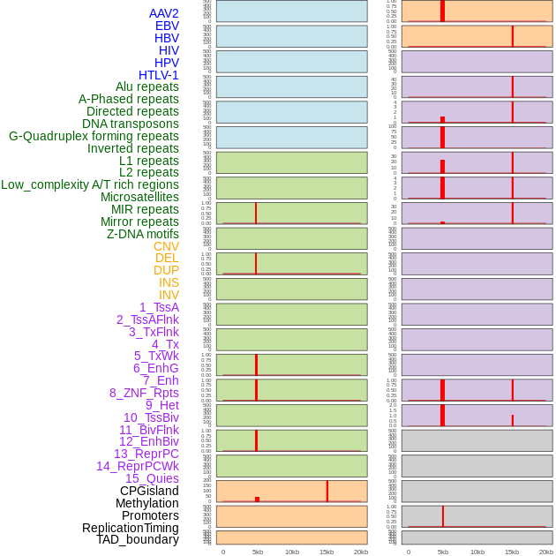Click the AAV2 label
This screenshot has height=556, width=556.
point(163,13)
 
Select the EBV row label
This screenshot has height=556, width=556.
point(167,26)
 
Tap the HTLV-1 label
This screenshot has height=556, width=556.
point(159,75)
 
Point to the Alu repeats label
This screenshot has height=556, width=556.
point(147,86)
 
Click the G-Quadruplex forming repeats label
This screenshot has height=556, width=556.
point(94,136)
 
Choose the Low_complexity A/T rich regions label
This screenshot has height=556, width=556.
point(90,184)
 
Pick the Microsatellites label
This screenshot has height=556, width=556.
point(139,197)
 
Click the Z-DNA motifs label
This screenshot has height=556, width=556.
point(143,234)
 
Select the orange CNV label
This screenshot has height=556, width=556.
point(166,246)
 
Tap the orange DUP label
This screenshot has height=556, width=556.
point(166,270)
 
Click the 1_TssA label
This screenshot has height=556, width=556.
point(159,307)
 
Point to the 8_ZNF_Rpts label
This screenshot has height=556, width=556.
point(144,393)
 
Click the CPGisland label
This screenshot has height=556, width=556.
point(149,491)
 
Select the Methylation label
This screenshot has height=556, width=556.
point(147,503)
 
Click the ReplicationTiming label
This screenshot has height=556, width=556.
point(130,528)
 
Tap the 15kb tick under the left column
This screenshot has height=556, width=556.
point(327,552)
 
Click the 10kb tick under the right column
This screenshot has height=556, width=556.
point(477,552)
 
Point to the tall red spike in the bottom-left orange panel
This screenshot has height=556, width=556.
point(327,491)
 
